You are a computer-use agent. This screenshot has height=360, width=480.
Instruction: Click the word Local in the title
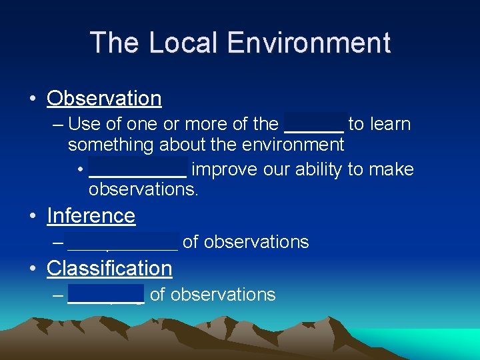click(x=185, y=43)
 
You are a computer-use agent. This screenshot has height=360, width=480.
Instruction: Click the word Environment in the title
click(x=309, y=43)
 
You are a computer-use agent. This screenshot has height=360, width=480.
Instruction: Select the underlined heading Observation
click(x=104, y=99)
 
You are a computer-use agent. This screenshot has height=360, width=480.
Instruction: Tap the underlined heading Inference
click(x=91, y=216)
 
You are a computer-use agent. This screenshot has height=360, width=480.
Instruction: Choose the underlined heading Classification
click(x=109, y=269)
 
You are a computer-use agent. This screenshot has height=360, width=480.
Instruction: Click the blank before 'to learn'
click(x=314, y=125)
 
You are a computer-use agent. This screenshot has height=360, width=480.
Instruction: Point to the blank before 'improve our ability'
click(x=137, y=170)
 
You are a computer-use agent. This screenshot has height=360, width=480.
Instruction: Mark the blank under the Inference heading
click(x=123, y=242)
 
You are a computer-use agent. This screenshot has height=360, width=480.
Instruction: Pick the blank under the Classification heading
click(x=106, y=295)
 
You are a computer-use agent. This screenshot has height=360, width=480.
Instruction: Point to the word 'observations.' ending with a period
click(x=143, y=190)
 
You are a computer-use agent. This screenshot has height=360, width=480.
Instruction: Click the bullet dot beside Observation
click(x=32, y=99)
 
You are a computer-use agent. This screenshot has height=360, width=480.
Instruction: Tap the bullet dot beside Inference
click(x=32, y=217)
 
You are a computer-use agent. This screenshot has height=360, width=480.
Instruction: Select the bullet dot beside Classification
click(x=32, y=269)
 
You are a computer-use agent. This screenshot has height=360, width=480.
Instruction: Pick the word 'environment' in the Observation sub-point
click(x=289, y=145)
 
